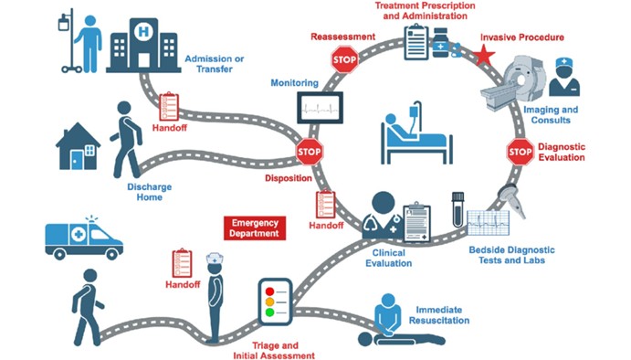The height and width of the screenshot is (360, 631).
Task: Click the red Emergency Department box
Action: point(255,228)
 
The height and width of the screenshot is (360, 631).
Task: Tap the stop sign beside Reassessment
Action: point(344,59)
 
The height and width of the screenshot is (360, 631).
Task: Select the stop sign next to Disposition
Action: point(309,152)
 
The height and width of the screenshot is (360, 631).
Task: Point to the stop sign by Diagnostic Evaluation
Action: point(520,152)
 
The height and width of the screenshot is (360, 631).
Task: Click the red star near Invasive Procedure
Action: point(484,55)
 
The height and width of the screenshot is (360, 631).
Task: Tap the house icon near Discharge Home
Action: point(78,146)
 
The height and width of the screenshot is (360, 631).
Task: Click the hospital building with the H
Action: point(143,45)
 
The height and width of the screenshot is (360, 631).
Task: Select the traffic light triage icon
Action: point(275,302)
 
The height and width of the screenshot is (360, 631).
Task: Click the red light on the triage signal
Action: point(269,291)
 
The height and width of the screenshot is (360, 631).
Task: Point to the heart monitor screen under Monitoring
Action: point(320,108)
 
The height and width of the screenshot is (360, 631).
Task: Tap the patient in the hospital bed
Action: point(416,132)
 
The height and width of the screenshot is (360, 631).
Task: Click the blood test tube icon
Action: point(458,210)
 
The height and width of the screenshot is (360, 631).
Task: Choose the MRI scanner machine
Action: point(514,82)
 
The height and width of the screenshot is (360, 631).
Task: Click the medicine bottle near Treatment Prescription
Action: point(441,43)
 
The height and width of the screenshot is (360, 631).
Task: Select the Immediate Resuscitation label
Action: point(439,315)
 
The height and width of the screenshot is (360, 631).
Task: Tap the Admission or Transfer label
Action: point(215,64)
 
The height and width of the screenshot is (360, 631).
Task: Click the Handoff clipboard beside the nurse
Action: point(182,263)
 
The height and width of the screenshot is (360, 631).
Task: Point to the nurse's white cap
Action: point(215,259)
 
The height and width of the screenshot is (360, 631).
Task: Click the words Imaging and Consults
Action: point(551,115)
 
